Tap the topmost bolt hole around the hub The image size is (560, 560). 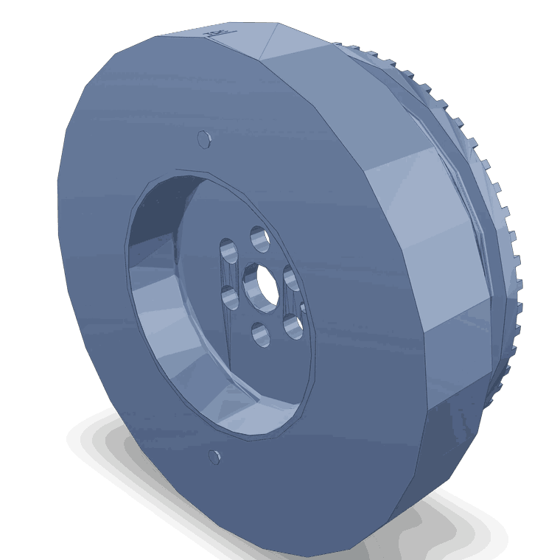pyautogui.click(x=259, y=238)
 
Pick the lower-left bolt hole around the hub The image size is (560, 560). pyautogui.click(x=229, y=298)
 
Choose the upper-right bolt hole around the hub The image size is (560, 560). pyautogui.click(x=290, y=279)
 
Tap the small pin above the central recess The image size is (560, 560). pyautogui.click(x=204, y=139)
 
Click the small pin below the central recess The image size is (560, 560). pyautogui.click(x=214, y=457)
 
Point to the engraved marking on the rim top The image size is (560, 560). pyautogui.click(x=216, y=32)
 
